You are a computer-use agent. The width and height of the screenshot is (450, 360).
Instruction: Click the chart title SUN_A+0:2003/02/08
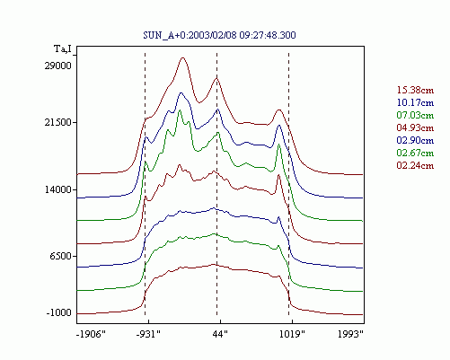(219, 35)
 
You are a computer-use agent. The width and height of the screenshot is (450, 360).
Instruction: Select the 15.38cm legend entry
(415, 90)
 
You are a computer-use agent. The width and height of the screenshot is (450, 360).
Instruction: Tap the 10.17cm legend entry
(415, 102)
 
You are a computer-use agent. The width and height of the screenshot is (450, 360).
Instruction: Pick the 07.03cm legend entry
(415, 115)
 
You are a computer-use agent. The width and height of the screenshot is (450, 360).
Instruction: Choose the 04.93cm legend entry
(415, 127)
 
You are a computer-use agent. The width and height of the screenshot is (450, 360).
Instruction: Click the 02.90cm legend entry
(415, 140)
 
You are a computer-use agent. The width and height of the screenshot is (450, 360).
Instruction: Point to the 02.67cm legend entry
(415, 153)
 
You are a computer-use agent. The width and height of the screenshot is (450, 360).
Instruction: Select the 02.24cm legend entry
(415, 165)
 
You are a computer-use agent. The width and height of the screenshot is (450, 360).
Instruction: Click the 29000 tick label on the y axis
(58, 66)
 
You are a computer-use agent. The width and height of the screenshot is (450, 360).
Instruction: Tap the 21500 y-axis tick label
(58, 122)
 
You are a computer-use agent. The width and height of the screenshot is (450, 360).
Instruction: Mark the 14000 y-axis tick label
(58, 189)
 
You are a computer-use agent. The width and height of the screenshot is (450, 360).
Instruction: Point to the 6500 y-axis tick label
(61, 256)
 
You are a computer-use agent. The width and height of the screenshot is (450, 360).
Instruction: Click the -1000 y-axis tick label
(59, 313)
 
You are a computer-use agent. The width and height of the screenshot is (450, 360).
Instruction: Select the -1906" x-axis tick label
(92, 334)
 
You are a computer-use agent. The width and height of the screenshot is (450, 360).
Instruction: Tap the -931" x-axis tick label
(148, 334)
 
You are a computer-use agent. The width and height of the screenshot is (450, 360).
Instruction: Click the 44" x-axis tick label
(220, 334)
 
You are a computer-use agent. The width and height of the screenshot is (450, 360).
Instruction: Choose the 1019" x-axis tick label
(292, 334)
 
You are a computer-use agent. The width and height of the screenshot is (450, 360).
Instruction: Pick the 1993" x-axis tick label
(350, 334)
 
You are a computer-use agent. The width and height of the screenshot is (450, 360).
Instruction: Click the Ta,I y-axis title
(63, 48)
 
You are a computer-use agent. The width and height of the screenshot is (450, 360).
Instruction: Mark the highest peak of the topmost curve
(182, 57)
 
